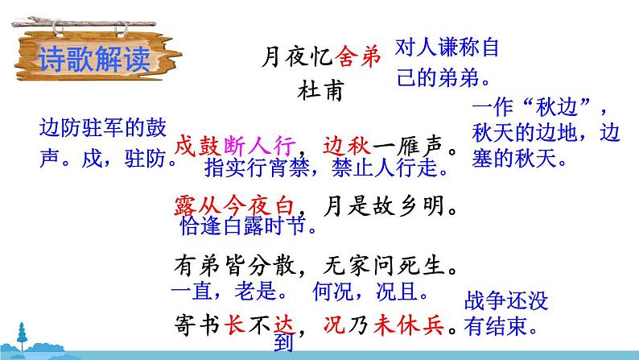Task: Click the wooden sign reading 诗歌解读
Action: [x=92, y=57]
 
